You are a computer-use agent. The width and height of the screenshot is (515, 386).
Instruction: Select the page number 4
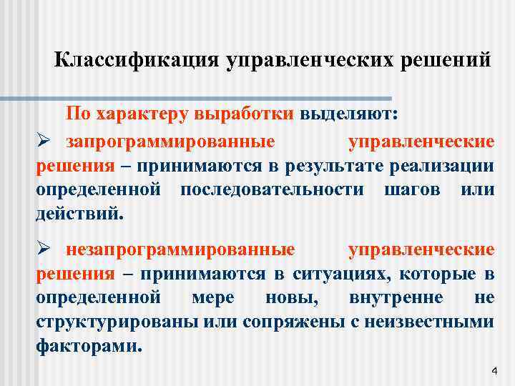(494, 371)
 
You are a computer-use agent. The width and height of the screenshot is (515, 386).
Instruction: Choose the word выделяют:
(350, 114)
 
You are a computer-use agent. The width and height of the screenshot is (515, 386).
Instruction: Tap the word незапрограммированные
(181, 249)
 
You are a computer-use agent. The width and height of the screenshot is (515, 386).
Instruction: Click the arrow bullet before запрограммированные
(44, 142)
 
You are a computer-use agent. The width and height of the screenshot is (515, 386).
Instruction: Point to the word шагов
(398, 190)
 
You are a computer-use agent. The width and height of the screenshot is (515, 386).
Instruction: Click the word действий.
(79, 214)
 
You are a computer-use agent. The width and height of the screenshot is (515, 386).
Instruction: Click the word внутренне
(396, 297)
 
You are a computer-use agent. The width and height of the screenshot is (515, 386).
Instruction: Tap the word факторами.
(89, 345)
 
